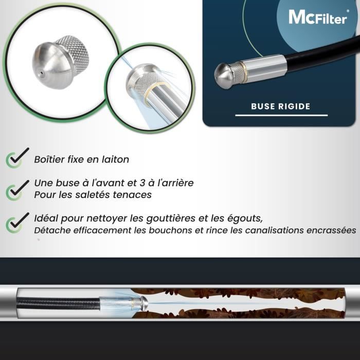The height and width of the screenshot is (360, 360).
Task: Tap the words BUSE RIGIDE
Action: coord(280,106)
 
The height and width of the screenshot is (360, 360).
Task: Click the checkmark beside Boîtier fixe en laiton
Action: coord(15,157)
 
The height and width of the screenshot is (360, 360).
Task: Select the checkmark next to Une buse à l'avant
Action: coord(15,188)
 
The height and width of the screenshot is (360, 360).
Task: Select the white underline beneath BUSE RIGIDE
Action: coord(281,115)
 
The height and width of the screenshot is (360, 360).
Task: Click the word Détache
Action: coord(52,230)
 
